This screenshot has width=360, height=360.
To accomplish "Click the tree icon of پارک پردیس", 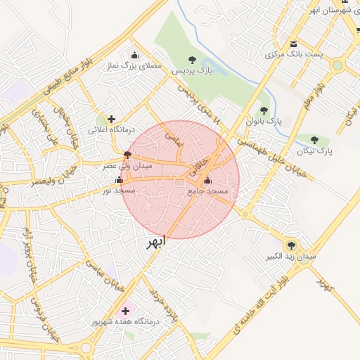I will click(x=193, y=60).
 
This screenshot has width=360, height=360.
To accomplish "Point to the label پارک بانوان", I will click(x=263, y=121).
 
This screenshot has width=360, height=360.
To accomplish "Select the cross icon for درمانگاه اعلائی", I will click(x=111, y=119).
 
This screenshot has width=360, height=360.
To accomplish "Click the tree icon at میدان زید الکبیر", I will click(x=291, y=245).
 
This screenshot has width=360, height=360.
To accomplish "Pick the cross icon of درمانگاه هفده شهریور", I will click(x=127, y=309).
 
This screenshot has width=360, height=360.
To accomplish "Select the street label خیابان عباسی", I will click(x=105, y=276).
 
